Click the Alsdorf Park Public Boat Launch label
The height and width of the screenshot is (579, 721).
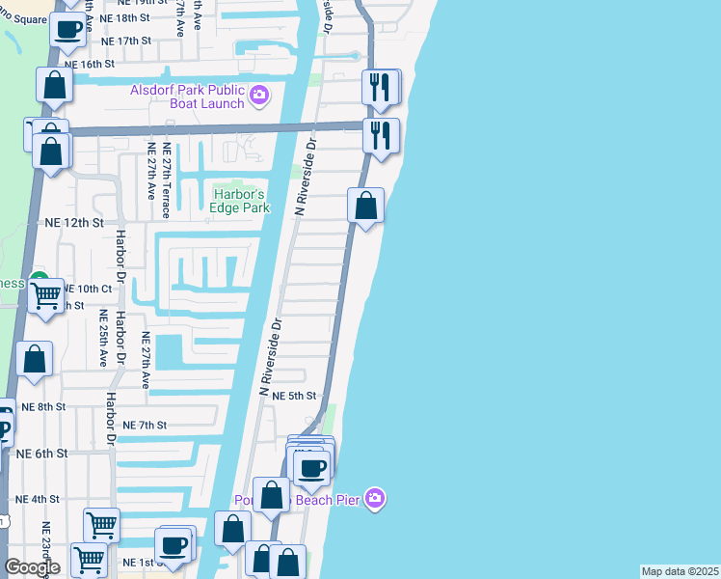(188, 96)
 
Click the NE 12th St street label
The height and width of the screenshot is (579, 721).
(74, 222)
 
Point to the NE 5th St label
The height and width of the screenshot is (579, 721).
(294, 396)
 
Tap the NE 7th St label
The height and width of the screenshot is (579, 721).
(145, 425)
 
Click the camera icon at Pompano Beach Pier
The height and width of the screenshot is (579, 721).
(375, 498)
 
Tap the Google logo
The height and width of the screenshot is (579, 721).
(33, 567)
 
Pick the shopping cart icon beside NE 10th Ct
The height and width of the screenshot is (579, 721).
(45, 297)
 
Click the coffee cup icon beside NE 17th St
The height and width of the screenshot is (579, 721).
(67, 30)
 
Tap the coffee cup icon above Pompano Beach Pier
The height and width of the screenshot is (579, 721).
(311, 469)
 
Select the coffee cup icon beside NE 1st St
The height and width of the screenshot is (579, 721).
(174, 544)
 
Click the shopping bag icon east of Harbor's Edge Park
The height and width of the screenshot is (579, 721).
(366, 205)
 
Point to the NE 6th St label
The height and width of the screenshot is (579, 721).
(42, 453)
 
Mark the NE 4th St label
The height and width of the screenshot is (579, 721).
(38, 499)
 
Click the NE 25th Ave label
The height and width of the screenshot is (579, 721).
(103, 338)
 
